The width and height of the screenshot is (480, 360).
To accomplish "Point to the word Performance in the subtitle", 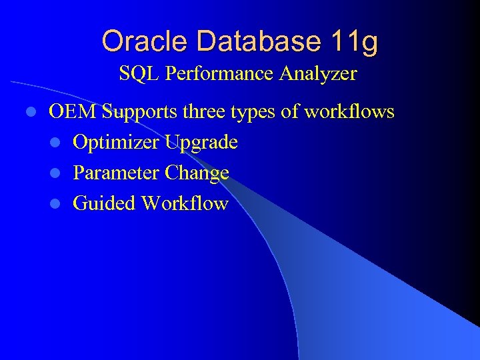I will click(218, 73).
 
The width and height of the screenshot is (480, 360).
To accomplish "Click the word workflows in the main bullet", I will click(349, 111).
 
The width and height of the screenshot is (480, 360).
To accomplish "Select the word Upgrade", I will click(202, 143).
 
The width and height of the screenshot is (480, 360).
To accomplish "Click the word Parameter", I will click(116, 173).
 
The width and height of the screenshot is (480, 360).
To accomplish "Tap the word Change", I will click(197, 173).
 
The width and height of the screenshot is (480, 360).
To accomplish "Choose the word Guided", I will click(103, 203).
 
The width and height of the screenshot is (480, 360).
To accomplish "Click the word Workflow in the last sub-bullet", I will click(185, 203).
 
